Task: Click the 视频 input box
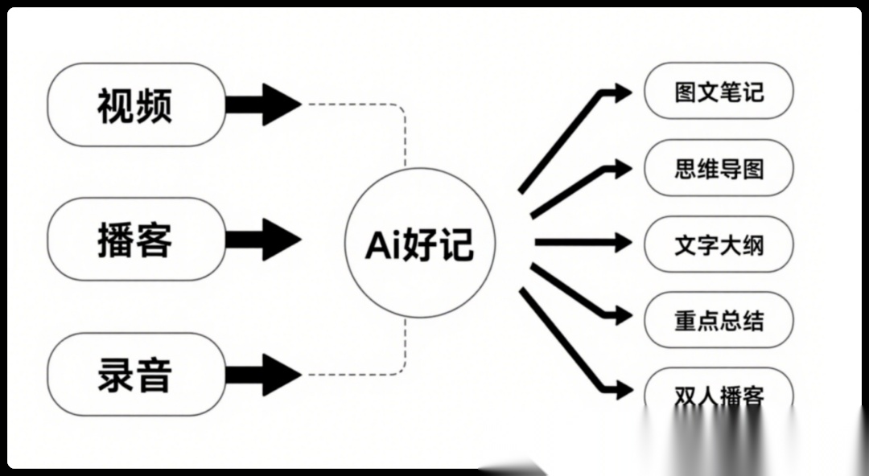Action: pyautogui.click(x=135, y=105)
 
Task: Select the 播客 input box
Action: pyautogui.click(x=135, y=239)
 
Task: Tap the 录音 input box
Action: pyautogui.click(x=135, y=374)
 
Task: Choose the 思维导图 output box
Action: pyautogui.click(x=719, y=168)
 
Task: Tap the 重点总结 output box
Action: pyautogui.click(x=719, y=321)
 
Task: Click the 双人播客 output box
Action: pyautogui.click(x=719, y=394)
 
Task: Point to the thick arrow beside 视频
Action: pyautogui.click(x=264, y=105)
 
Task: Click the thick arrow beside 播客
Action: pyautogui.click(x=264, y=239)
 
